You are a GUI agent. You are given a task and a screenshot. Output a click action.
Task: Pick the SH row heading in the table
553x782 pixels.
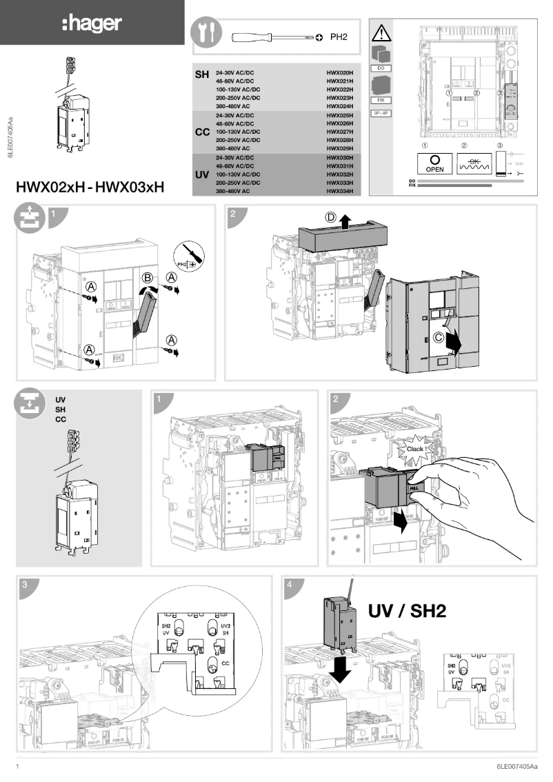[202, 74]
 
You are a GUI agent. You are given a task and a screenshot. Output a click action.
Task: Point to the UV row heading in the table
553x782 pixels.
[202, 175]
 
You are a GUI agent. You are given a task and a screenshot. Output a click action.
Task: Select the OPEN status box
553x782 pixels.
[435, 163]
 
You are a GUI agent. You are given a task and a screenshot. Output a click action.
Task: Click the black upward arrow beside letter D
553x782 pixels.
[345, 220]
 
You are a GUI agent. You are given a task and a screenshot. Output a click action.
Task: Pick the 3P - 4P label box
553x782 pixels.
[381, 112]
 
